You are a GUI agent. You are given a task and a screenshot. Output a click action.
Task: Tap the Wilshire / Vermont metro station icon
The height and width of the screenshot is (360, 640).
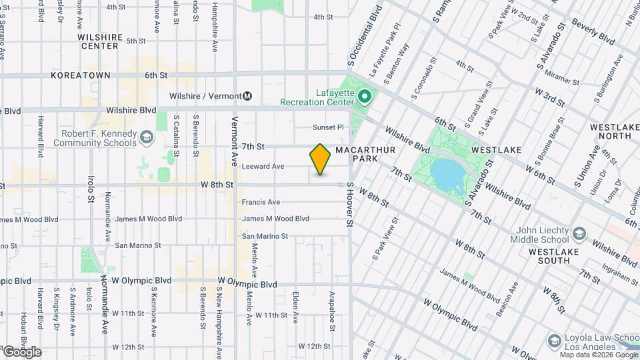[x=247, y=96]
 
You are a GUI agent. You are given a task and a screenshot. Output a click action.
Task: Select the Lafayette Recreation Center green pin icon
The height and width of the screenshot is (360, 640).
[x=364, y=97]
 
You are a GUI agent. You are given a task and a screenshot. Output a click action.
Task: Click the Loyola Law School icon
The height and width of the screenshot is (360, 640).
[x=554, y=341]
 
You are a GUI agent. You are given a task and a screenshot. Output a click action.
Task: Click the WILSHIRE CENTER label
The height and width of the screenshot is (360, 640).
[x=100, y=42]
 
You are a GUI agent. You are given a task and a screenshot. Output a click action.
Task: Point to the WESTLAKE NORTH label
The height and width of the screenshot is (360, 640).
[x=610, y=131]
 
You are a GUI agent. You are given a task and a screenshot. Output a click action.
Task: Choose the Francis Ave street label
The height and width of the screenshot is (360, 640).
[x=261, y=202]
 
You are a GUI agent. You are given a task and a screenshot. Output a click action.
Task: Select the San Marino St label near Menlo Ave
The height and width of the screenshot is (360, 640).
[x=265, y=236]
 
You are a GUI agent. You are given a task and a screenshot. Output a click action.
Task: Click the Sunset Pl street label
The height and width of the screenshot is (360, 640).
[x=328, y=127]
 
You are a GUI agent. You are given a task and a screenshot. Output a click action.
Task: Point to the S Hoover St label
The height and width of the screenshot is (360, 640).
[x=348, y=207]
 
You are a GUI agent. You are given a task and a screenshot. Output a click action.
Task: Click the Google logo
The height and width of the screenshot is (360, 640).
[x=21, y=352]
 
